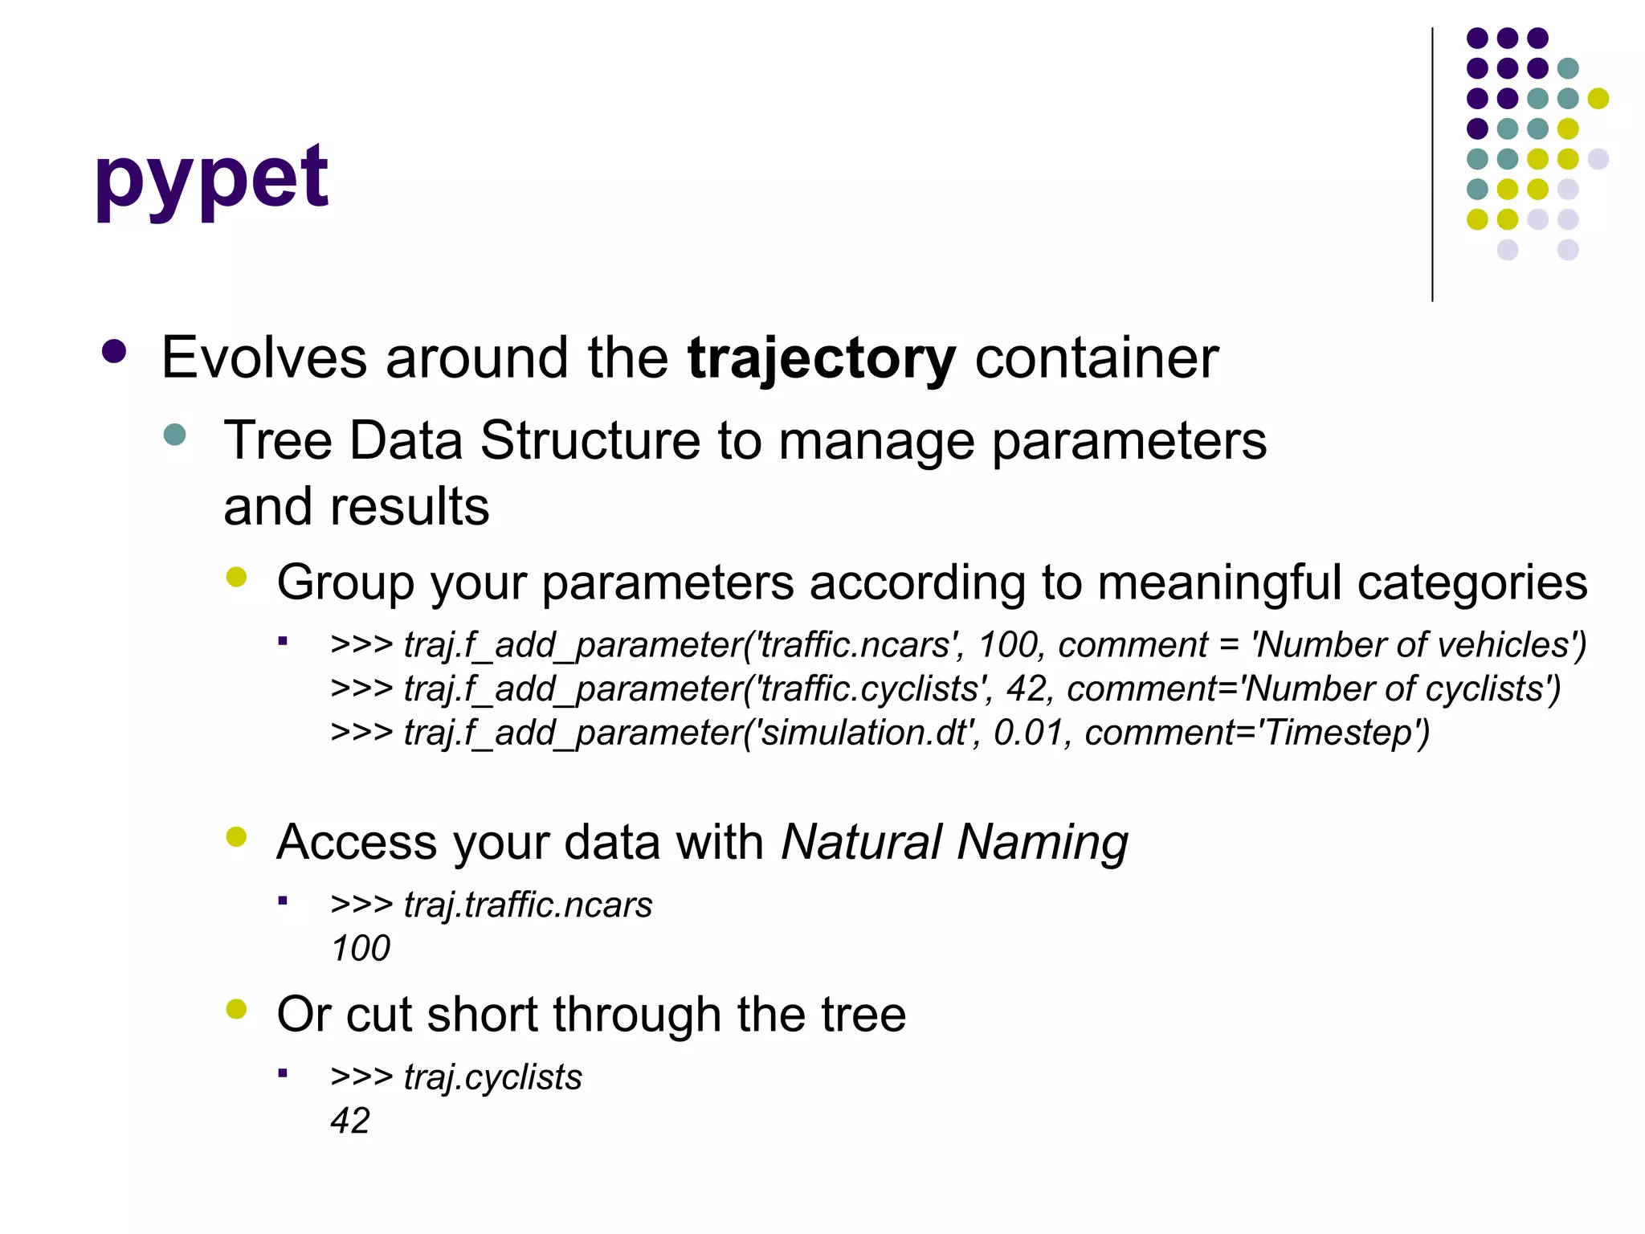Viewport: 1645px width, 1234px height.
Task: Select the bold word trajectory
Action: pos(822,358)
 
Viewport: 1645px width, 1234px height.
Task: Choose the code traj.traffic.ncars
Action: pos(528,905)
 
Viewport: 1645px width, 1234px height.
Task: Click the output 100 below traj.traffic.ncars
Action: pos(361,949)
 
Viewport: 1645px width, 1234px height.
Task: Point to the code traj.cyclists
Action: pos(492,1077)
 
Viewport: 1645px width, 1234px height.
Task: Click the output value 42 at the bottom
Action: pos(350,1121)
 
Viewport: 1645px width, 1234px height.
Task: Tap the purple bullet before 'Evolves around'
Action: pos(114,352)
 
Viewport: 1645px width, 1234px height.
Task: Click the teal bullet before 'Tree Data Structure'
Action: pos(174,435)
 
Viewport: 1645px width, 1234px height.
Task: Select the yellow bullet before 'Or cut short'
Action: pos(236,1009)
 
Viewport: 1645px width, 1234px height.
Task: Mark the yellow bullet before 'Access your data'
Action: pos(236,837)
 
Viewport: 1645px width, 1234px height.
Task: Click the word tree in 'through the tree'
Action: pos(863,1014)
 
